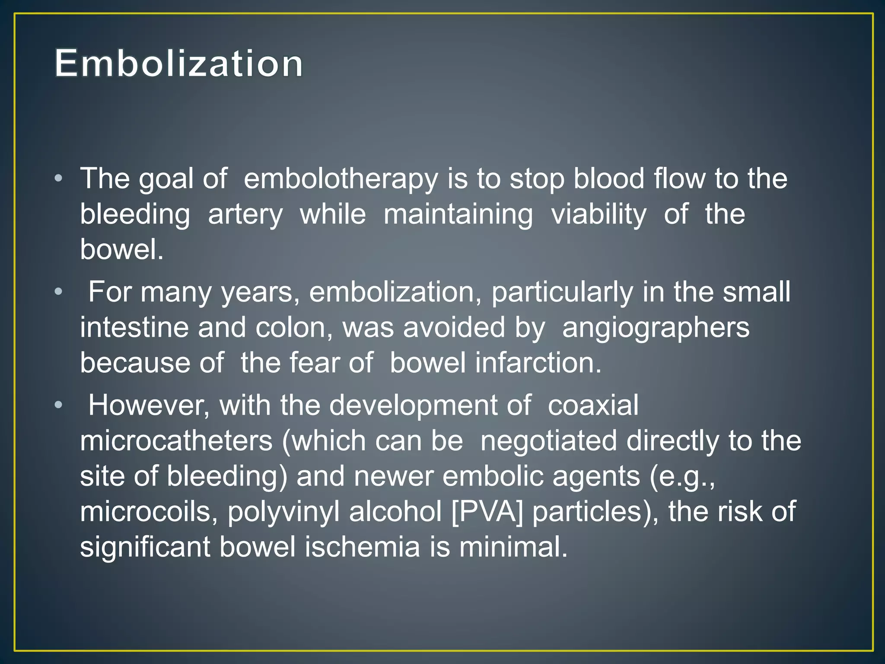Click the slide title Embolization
[178, 64]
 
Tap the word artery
[245, 214]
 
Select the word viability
[598, 214]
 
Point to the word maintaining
[458, 214]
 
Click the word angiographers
[656, 327]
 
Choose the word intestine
[134, 327]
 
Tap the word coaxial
[593, 405]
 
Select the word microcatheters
[176, 441]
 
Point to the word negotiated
[548, 441]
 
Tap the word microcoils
[149, 512]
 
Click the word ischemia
[362, 547]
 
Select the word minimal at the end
[513, 547]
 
